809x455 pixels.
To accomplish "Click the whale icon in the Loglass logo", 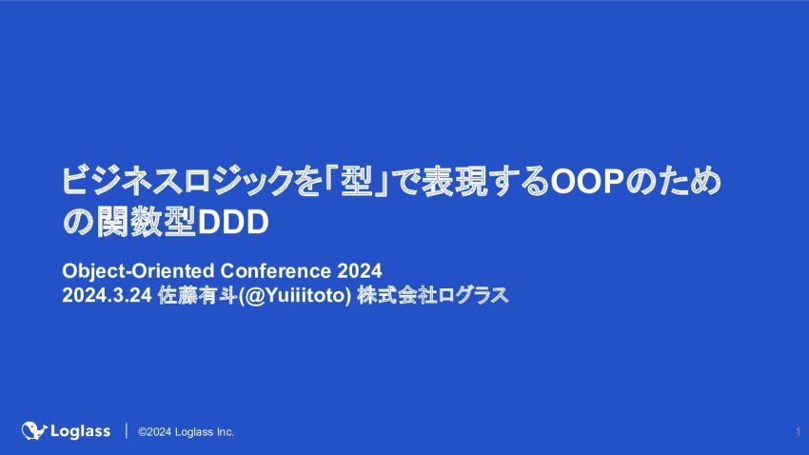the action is [x=34, y=430].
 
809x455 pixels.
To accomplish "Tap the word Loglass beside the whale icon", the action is [x=81, y=431].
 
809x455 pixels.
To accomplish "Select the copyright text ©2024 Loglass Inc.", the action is [x=186, y=432].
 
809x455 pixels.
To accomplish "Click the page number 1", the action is [x=798, y=432].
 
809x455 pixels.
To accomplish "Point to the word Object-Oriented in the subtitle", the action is [x=138, y=271].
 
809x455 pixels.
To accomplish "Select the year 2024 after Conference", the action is [x=360, y=271].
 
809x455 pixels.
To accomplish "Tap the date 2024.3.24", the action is [x=107, y=296].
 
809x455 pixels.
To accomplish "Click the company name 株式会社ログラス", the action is [x=432, y=296].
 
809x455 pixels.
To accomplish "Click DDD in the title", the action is [x=233, y=223].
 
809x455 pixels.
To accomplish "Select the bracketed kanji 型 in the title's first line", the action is [x=356, y=181].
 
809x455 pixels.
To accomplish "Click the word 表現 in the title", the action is [x=455, y=181].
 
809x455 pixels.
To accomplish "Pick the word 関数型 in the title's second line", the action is [x=146, y=223].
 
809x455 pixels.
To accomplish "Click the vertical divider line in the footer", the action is [x=126, y=431].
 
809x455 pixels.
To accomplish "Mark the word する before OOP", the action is [x=519, y=181].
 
